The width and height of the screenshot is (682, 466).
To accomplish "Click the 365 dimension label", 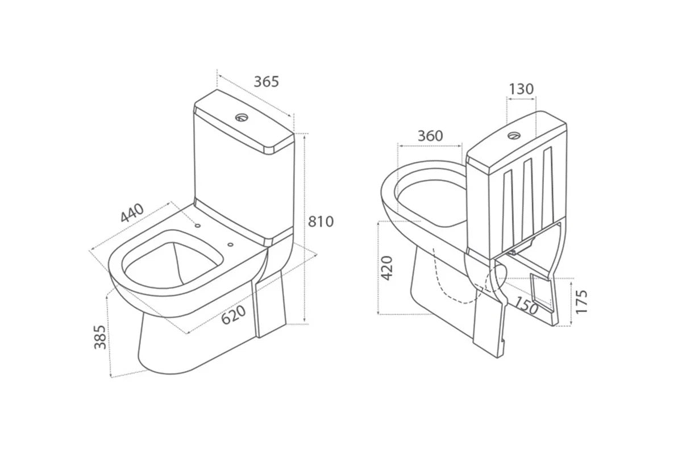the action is [267, 82].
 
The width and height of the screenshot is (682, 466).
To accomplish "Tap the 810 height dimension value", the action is [321, 222].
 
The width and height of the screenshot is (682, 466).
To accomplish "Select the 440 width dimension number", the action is [132, 213].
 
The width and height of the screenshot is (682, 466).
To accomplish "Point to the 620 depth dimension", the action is [233, 314].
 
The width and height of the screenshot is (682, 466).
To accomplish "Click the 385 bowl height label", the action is [100, 337].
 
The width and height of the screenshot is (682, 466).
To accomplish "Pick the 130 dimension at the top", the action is [521, 89].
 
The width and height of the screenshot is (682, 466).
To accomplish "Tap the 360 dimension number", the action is [430, 136].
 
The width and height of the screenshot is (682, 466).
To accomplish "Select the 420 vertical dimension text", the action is [387, 268].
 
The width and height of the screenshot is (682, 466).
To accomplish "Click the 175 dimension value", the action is [581, 301].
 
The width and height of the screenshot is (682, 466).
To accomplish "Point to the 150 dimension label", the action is [526, 305].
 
